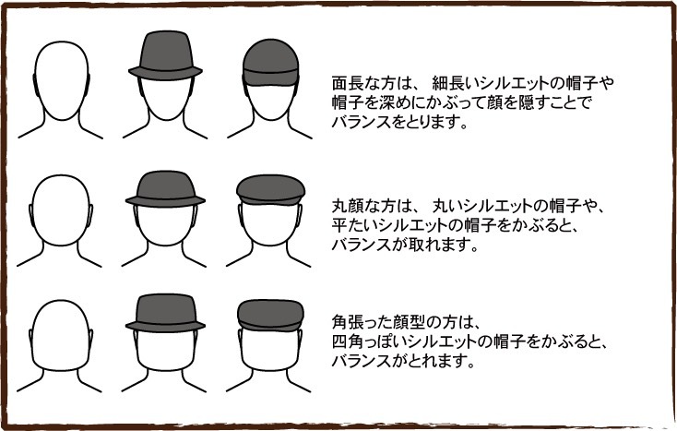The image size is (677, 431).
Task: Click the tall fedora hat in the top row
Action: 165,55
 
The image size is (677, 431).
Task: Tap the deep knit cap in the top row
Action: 271,63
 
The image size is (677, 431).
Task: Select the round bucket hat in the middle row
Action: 165,189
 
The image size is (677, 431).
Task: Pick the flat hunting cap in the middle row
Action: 271,190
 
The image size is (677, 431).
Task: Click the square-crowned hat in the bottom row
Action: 165,313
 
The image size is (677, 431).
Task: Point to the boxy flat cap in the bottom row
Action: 271,316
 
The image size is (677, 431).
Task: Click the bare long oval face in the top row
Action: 61,81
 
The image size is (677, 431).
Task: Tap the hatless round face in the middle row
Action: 61,210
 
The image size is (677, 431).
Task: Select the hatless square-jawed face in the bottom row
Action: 61,336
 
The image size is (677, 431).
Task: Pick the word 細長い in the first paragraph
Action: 456,83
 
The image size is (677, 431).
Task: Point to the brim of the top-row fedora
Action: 165,73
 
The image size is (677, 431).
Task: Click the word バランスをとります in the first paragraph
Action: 400,123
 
